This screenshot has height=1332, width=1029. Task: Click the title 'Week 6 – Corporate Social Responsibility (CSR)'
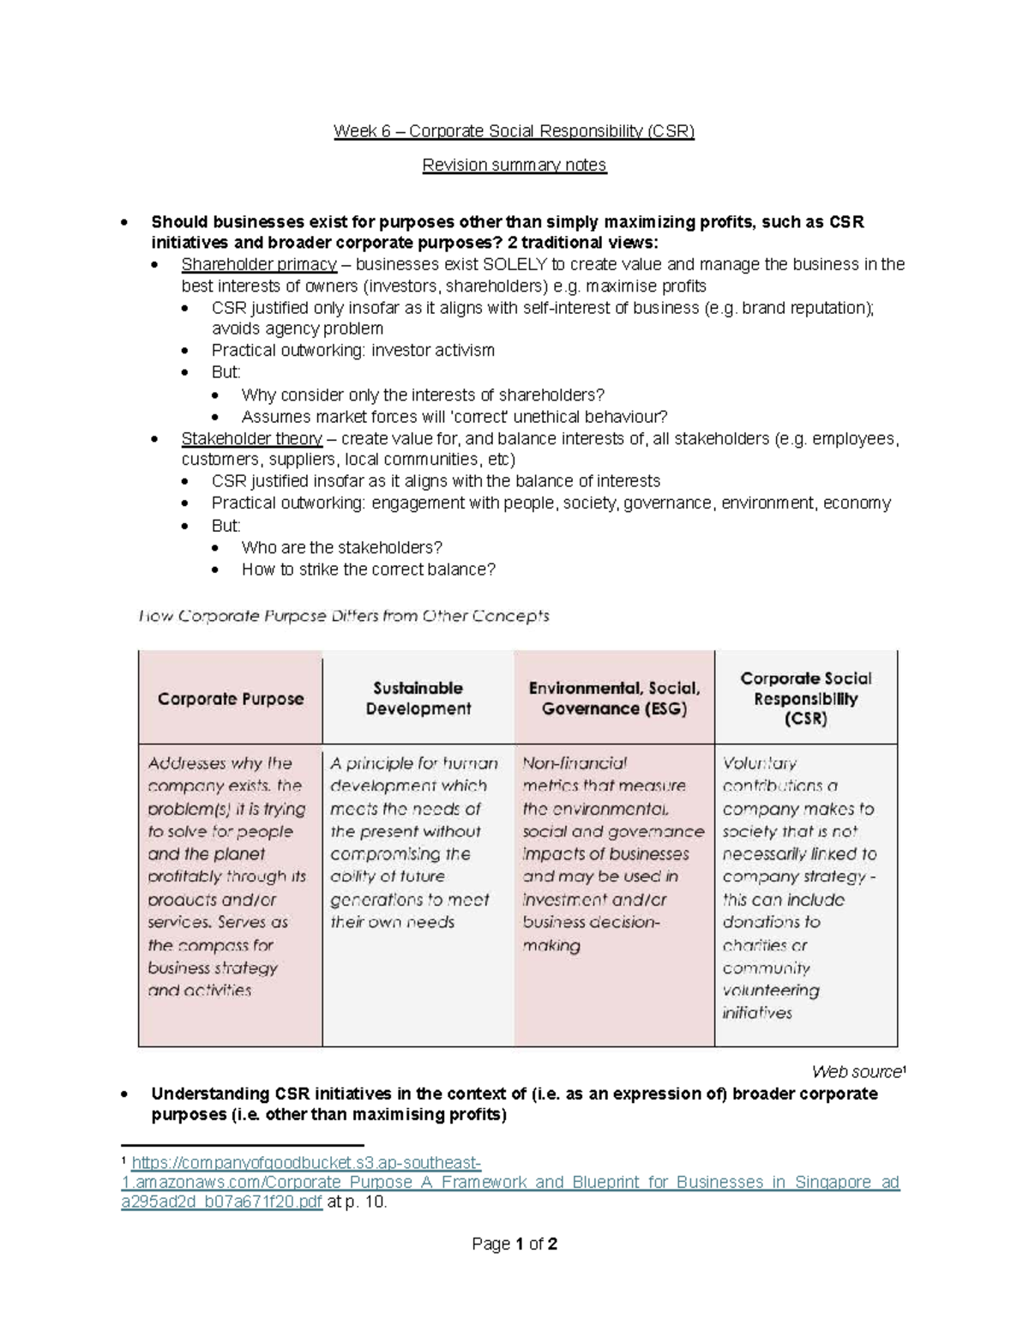[514, 131]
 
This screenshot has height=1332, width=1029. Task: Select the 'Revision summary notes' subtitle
[514, 165]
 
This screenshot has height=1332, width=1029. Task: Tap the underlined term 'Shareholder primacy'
[258, 264]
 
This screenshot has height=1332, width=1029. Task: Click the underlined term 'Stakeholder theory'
[251, 439]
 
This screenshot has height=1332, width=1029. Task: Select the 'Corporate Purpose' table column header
[231, 699]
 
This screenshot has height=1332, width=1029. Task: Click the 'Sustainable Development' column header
[418, 699]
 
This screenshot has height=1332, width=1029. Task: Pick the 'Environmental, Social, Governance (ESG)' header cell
[614, 699]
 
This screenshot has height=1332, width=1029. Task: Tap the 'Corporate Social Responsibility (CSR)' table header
[805, 699]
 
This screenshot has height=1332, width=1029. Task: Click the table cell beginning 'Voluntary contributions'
[799, 888]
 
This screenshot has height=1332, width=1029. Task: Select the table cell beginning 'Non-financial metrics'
[612, 854]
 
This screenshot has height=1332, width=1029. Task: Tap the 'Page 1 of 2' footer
[514, 1244]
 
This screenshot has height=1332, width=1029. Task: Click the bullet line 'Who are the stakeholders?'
[341, 547]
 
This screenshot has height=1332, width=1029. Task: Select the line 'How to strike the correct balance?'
[369, 570]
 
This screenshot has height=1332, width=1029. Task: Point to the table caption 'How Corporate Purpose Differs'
[344, 616]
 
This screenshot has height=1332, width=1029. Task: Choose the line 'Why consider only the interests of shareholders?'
[423, 395]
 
